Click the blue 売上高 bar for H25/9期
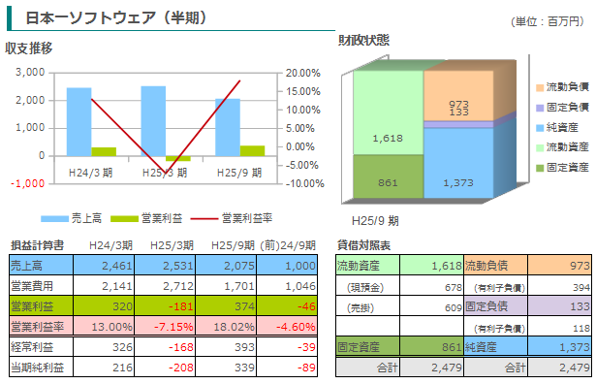[228, 127]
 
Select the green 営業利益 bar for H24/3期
[104, 151]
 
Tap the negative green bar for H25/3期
[178, 158]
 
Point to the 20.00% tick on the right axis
[303, 73]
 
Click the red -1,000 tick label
[28, 183]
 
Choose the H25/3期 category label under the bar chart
[165, 173]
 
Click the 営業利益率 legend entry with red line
[232, 218]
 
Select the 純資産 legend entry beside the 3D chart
[557, 127]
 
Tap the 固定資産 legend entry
[562, 168]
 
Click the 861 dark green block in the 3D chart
[388, 176]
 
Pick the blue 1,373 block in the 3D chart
[458, 163]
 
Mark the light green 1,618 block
[388, 112]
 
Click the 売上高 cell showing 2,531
[165, 265]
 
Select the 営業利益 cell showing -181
[165, 306]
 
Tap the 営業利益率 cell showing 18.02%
[226, 327]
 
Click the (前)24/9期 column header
[288, 245]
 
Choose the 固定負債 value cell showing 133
[559, 306]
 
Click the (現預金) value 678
[454, 287]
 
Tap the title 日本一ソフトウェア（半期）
[116, 17]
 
